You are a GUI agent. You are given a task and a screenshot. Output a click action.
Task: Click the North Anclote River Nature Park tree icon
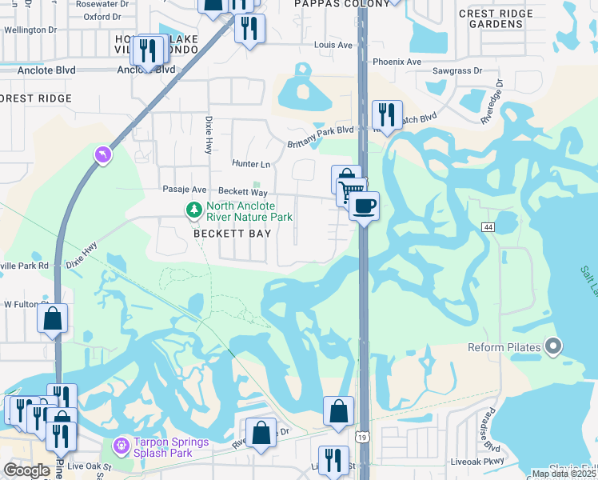pos(193,210)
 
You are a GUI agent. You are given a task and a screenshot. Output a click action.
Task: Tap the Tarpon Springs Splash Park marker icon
pos(120,443)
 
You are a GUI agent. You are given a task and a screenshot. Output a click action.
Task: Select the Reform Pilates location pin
pos(552,346)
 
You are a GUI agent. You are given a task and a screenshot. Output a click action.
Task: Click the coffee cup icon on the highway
pos(364,206)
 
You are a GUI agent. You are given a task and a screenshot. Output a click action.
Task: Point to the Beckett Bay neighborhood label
pos(232,234)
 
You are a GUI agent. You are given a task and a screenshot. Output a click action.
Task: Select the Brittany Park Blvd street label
pos(320,137)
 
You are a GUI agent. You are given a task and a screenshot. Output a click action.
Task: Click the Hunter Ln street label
pos(251,164)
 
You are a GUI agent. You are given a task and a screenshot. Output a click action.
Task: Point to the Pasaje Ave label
pos(184,190)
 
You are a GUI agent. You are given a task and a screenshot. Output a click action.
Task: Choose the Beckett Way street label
pos(243,192)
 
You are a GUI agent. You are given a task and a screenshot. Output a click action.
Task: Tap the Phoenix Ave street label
pos(397,62)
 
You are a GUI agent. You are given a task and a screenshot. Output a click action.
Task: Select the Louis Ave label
pos(333,45)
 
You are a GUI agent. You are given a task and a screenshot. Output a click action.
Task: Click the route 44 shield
pos(487,227)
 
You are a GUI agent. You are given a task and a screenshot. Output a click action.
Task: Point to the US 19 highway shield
pos(363,438)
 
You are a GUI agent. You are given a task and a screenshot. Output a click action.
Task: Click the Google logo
pos(26,470)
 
